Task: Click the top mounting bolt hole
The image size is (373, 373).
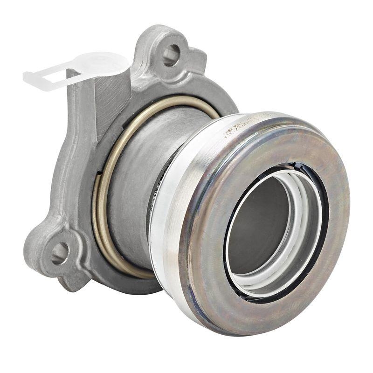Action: [x=170, y=55]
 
